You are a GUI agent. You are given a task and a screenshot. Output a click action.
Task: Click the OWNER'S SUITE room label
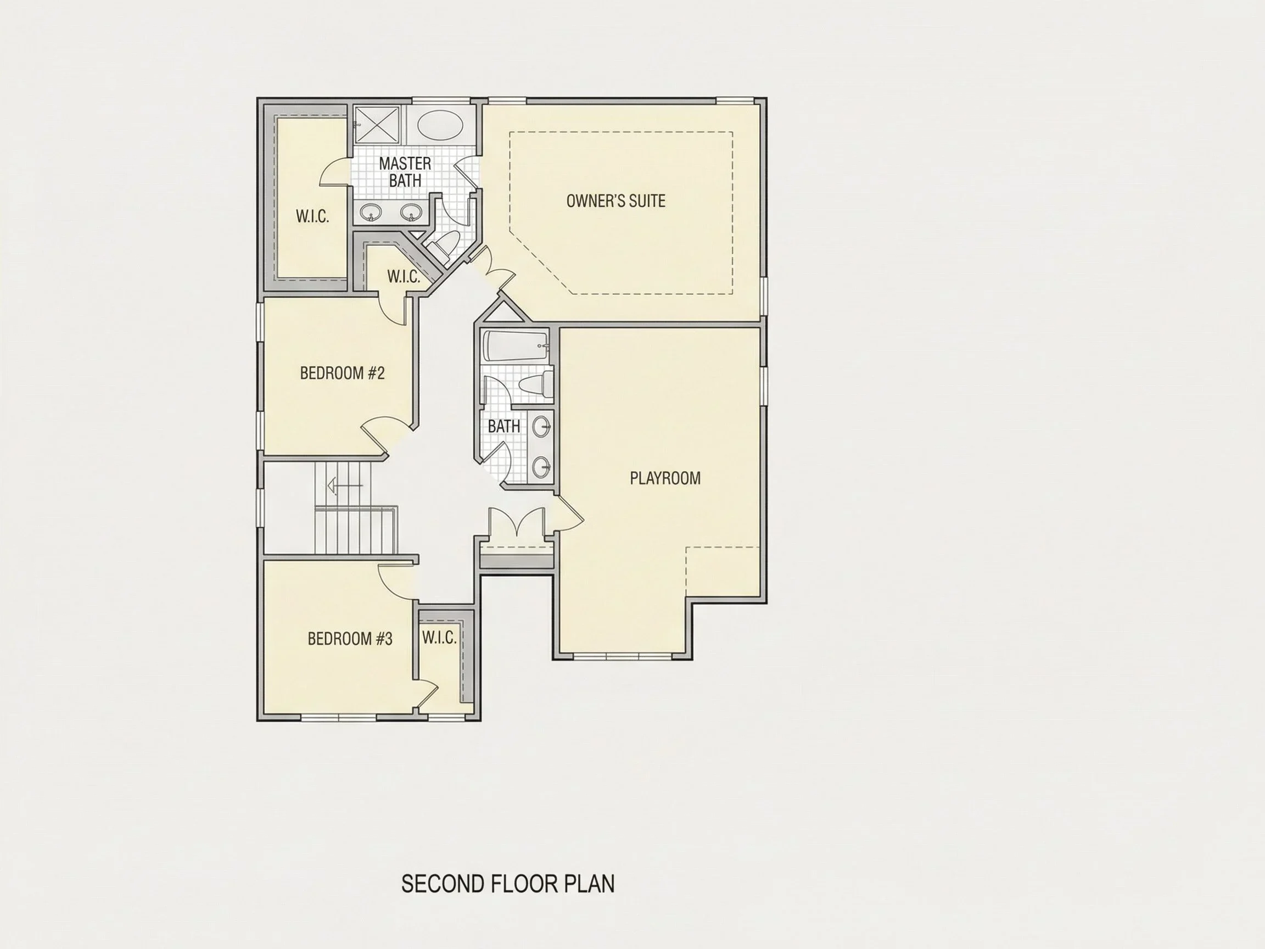616,201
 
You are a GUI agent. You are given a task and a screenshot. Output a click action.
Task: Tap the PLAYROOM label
665,478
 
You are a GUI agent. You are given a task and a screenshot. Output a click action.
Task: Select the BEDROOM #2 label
342,373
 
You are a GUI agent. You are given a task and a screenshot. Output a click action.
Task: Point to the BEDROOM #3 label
350,638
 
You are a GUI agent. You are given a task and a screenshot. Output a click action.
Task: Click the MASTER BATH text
405,171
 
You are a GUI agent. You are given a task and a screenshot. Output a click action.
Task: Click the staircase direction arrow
345,485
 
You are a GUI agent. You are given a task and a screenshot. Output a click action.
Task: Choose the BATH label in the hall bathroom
504,426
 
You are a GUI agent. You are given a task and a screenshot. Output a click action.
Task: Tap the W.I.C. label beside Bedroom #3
439,638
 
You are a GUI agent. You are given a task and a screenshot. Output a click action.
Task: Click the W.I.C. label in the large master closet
312,216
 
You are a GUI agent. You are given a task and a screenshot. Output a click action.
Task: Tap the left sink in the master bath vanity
371,213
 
